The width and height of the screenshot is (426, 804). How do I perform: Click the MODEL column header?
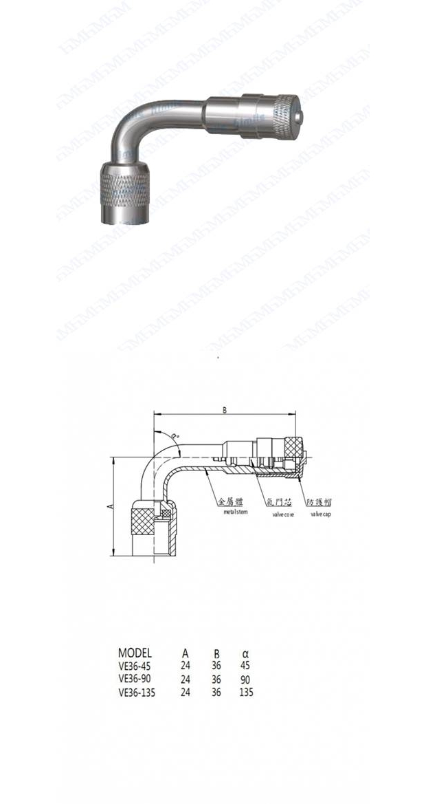click(135, 653)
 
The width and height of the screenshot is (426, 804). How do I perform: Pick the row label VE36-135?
click(137, 693)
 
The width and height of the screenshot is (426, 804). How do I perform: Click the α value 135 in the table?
click(246, 693)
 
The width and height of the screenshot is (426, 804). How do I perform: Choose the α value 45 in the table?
click(245, 666)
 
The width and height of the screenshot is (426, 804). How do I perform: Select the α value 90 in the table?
click(245, 679)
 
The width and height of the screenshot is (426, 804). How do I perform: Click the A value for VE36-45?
click(185, 666)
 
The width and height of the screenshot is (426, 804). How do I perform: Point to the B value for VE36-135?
click(215, 693)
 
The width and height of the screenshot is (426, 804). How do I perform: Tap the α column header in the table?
click(245, 653)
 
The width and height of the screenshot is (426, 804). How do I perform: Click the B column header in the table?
click(215, 653)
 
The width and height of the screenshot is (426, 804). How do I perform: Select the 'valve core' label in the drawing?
click(283, 514)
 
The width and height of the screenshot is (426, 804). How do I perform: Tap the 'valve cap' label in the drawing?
click(320, 514)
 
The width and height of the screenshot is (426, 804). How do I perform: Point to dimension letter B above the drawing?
click(224, 410)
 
